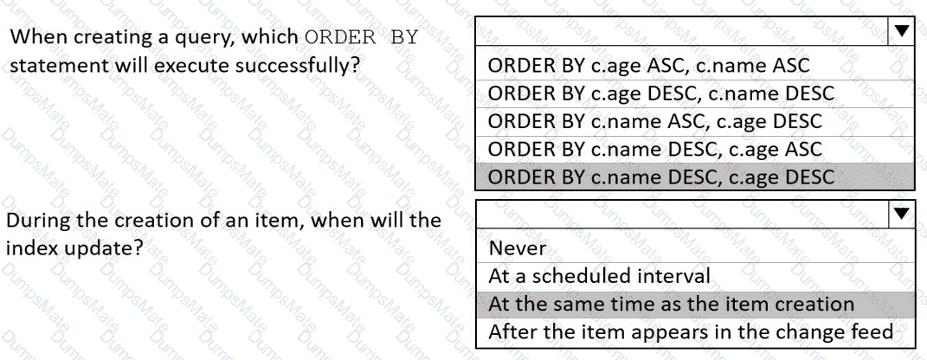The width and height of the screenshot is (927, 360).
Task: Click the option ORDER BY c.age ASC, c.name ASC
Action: [x=648, y=65]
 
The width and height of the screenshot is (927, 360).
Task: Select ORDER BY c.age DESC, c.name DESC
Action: [x=661, y=93]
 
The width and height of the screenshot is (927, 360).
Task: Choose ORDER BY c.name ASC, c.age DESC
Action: [x=655, y=121]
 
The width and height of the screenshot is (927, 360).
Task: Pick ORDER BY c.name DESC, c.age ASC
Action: [x=655, y=148]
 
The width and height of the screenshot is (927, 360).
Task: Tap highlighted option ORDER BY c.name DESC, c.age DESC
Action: [x=661, y=177]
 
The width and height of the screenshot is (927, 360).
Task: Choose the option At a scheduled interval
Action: [x=599, y=276]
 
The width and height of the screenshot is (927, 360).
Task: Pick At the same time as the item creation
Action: [x=671, y=304]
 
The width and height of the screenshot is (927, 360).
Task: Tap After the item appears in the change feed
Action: [x=691, y=331]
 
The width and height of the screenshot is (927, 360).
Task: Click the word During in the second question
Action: [x=32, y=221]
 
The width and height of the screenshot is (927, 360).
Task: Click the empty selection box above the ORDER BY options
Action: [x=682, y=31]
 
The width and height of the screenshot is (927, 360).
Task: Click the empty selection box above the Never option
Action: [x=682, y=214]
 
